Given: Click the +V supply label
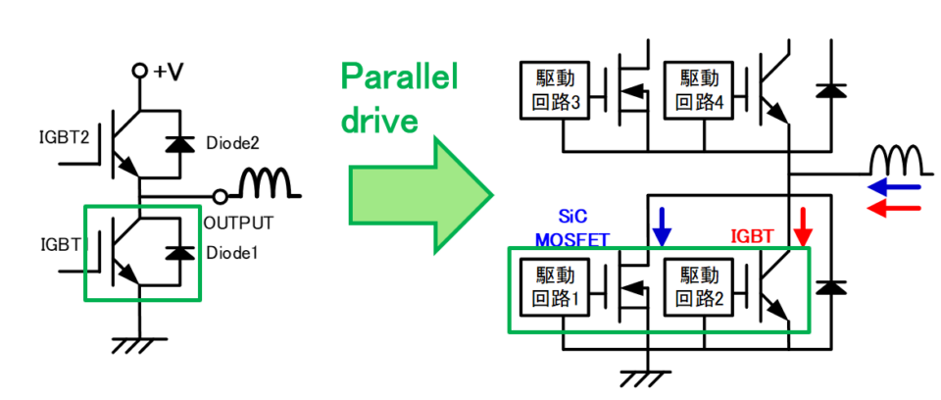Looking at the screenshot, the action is click(168, 72).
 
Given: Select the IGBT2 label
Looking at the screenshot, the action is click(63, 137).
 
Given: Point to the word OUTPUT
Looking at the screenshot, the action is click(238, 223).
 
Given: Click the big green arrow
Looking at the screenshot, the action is click(421, 194).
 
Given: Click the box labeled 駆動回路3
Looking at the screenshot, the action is click(555, 89).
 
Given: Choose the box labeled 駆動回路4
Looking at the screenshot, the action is click(699, 89).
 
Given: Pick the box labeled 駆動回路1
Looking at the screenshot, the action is click(555, 287).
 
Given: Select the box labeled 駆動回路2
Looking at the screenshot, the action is click(699, 287).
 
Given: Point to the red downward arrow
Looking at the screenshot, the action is click(803, 226).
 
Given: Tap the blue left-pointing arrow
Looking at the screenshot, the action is click(894, 188).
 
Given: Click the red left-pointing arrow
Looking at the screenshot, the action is click(894, 209).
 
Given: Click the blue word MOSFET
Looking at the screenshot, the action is click(571, 239).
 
